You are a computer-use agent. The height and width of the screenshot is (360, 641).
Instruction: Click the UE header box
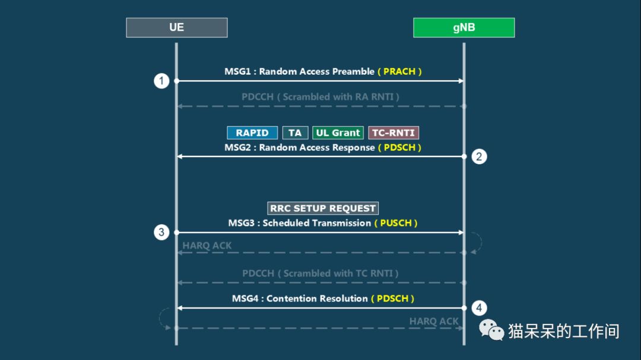click(177, 27)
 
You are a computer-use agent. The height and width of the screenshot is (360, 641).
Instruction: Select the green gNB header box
click(464, 27)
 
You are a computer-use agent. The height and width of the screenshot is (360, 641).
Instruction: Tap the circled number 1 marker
click(161, 81)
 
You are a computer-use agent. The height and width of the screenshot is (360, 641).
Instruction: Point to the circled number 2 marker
click(479, 157)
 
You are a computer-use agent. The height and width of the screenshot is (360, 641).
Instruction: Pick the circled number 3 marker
click(161, 232)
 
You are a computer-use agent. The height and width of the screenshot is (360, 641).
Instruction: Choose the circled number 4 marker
click(479, 308)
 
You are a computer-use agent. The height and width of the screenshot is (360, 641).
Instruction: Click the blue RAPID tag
click(252, 133)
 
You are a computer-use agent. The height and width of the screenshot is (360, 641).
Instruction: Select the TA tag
click(295, 133)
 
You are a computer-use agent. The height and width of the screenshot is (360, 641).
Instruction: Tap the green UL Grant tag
click(338, 133)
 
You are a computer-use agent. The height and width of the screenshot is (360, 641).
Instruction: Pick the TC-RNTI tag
click(394, 133)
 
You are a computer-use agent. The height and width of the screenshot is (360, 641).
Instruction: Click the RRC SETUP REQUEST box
click(323, 208)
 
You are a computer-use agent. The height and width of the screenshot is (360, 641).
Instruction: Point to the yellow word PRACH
click(399, 72)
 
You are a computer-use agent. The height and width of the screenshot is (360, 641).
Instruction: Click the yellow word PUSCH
click(396, 223)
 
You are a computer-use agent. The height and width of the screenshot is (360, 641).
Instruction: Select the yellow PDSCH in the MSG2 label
click(399, 148)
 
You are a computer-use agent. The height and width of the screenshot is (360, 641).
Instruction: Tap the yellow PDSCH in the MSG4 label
click(392, 299)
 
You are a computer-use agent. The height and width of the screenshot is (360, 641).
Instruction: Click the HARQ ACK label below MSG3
click(207, 246)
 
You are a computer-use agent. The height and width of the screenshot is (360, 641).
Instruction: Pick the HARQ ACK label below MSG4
click(434, 321)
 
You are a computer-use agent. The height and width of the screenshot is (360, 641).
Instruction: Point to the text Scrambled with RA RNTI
click(338, 97)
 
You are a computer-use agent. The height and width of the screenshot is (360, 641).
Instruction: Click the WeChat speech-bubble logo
click(491, 330)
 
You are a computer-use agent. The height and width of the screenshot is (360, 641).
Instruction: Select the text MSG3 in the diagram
click(241, 223)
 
